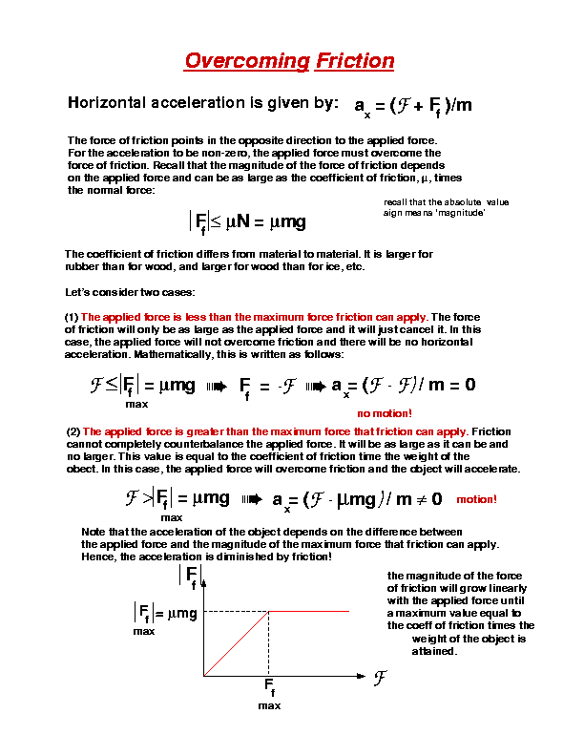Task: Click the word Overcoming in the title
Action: pyautogui.click(x=245, y=62)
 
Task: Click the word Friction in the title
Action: pyautogui.click(x=354, y=62)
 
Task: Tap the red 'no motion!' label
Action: pyautogui.click(x=385, y=413)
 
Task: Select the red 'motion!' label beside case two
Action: pyautogui.click(x=477, y=499)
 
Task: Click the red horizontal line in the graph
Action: pyautogui.click(x=310, y=611)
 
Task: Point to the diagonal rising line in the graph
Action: pyautogui.click(x=237, y=643)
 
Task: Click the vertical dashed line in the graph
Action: pyautogui.click(x=270, y=643)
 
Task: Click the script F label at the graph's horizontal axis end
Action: pyautogui.click(x=379, y=678)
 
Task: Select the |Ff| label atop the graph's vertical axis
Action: pyautogui.click(x=189, y=576)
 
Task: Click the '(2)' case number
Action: pyautogui.click(x=73, y=431)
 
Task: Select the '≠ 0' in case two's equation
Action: pyautogui.click(x=431, y=498)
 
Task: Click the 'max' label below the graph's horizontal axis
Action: pyautogui.click(x=269, y=705)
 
